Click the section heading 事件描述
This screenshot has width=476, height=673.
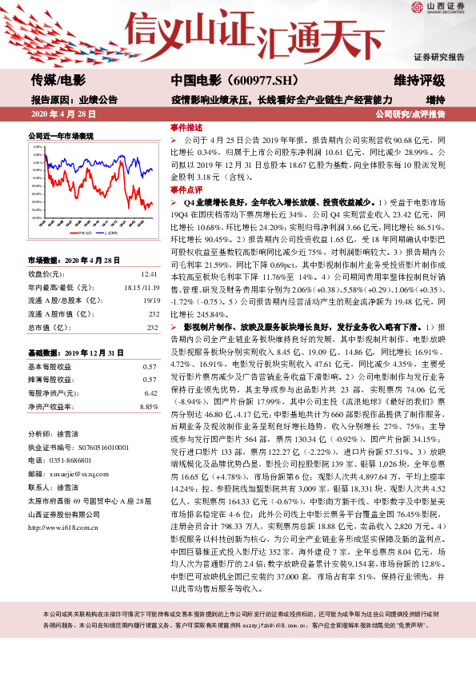[x=186, y=127]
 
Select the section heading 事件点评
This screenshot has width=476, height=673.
[x=186, y=189]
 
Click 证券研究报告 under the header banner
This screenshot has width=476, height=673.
[x=438, y=58]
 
